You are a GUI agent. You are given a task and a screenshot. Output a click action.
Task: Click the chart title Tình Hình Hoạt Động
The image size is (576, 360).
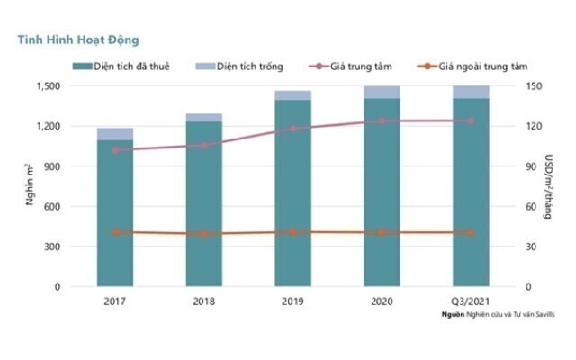click(73, 40)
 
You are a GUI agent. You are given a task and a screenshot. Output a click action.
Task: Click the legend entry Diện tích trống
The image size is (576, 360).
click(244, 67)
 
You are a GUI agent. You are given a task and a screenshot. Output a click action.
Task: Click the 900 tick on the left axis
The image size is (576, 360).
click(50, 166)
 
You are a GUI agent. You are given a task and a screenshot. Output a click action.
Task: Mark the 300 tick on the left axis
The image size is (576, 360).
click(50, 247)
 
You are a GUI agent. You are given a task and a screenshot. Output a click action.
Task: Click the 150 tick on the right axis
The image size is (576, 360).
click(533, 86)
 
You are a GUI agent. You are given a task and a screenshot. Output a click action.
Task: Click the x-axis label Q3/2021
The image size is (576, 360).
click(471, 301)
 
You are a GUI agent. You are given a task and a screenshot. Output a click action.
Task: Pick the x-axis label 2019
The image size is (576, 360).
click(293, 301)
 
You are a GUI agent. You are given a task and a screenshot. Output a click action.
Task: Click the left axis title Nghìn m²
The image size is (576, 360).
click(30, 186)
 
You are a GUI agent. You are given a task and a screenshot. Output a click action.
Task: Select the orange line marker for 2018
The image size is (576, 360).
click(204, 234)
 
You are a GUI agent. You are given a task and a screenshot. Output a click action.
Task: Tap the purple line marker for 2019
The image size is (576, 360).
click(293, 129)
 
